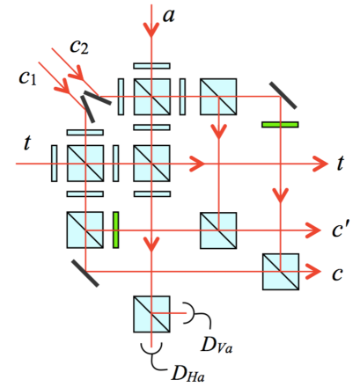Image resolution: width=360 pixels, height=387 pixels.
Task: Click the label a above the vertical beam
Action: pos(169,15)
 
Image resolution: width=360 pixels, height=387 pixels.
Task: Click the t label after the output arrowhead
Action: pos(341,163)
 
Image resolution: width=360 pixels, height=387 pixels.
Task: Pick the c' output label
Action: pos(339,231)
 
